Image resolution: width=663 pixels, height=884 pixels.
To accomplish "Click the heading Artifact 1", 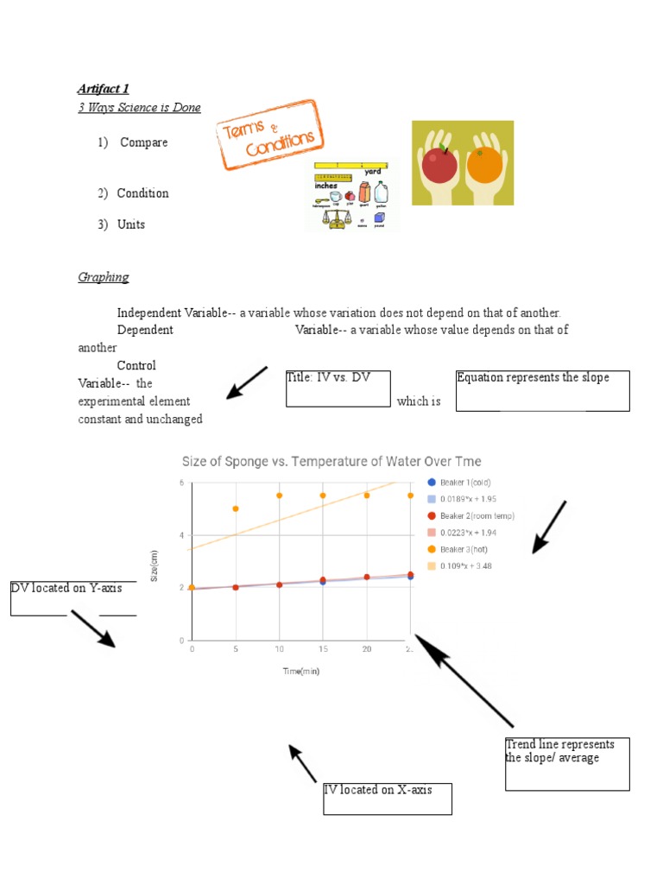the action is [x=103, y=88].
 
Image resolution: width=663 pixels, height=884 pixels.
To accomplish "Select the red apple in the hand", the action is [x=439, y=164].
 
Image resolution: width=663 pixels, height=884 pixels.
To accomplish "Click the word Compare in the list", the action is [x=143, y=142].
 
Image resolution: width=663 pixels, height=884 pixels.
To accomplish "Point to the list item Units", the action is [x=131, y=224].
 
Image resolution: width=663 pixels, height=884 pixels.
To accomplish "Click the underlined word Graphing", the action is [x=104, y=277].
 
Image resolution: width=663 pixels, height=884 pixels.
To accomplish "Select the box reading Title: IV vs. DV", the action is [x=338, y=388].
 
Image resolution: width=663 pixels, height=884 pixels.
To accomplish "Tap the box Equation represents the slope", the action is [x=542, y=390].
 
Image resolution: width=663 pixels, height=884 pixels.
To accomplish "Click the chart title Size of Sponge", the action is [x=331, y=461].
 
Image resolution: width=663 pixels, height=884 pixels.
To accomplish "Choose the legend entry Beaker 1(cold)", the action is [x=464, y=483].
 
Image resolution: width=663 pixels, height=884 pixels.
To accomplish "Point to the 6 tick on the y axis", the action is [x=181, y=483].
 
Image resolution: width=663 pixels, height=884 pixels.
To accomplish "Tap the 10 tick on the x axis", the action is [x=279, y=648].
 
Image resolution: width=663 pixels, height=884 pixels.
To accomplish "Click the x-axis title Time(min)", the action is [x=300, y=671].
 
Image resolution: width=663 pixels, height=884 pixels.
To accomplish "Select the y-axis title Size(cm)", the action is [x=155, y=565].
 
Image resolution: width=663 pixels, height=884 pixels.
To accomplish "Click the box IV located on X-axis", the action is [x=388, y=799].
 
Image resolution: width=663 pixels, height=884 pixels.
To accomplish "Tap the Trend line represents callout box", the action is [x=567, y=763].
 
